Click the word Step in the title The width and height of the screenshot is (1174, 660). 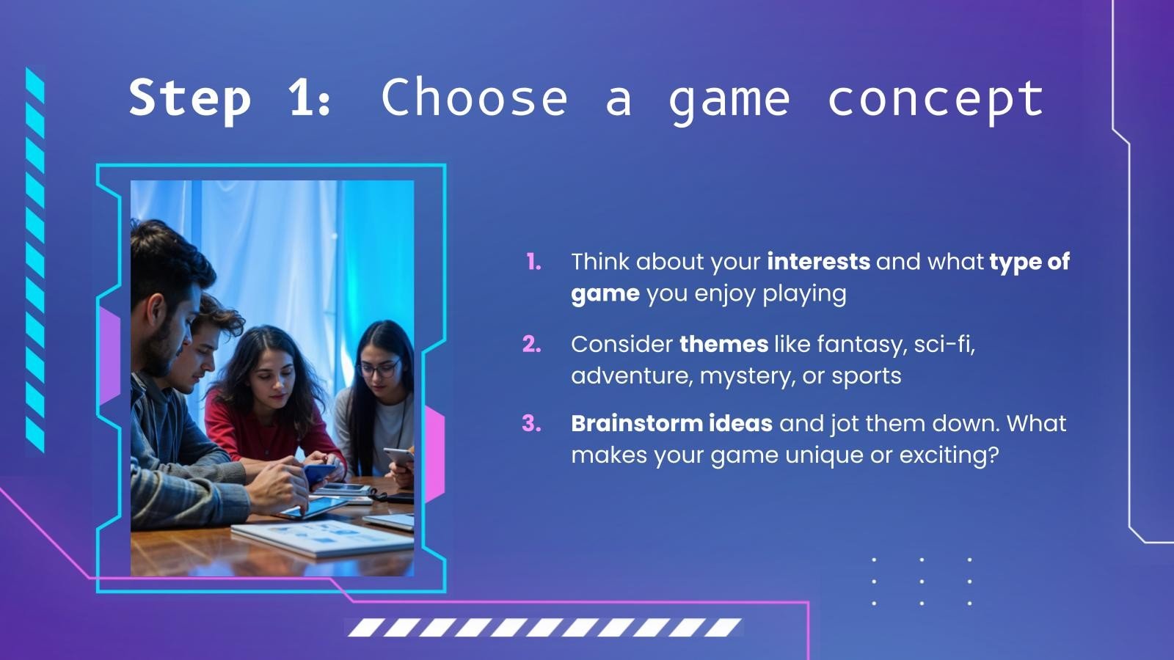point(189,98)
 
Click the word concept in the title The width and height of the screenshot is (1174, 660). point(935,98)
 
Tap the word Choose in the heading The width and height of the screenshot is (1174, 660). point(474,98)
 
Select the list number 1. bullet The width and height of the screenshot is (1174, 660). point(534,262)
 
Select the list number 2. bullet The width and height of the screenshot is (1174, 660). point(532,344)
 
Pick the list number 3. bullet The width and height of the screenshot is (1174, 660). point(532,423)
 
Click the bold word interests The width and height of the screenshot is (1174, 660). point(818,262)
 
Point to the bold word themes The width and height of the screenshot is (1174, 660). point(723,344)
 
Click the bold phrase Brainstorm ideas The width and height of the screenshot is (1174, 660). point(671,423)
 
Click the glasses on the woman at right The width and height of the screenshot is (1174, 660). point(379,367)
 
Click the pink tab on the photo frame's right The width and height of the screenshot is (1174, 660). point(434,455)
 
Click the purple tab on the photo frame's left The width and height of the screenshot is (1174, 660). point(109,356)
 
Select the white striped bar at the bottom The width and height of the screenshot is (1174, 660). point(544,627)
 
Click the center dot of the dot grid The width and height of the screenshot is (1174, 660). point(922,581)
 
